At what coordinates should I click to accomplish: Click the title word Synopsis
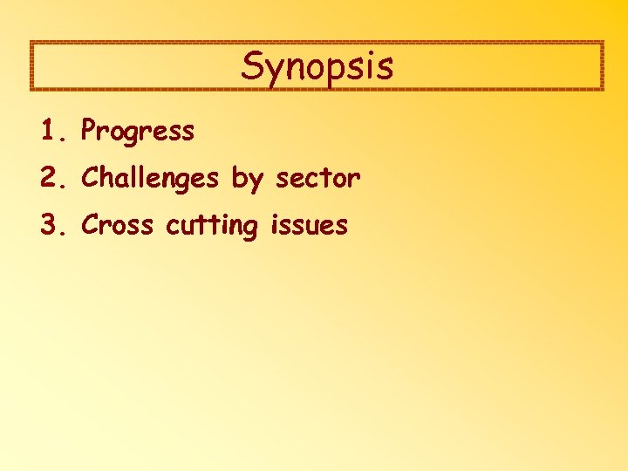pyautogui.click(x=317, y=66)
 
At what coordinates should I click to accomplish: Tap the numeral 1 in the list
pyautogui.click(x=47, y=132)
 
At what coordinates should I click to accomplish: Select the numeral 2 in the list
pyautogui.click(x=47, y=179)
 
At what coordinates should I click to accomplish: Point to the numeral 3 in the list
pyautogui.click(x=47, y=226)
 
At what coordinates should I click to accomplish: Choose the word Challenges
pyautogui.click(x=150, y=179)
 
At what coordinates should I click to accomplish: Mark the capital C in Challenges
pyautogui.click(x=90, y=179)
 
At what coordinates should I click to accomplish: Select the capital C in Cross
pyautogui.click(x=90, y=226)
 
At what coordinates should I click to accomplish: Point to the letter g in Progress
pyautogui.click(x=139, y=136)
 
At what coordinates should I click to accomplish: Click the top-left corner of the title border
pyautogui.click(x=31, y=43)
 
